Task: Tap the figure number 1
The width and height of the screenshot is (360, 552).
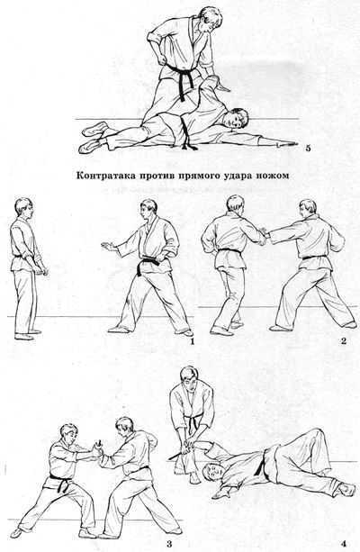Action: tap(191, 340)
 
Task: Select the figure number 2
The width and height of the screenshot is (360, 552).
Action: tap(344, 340)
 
